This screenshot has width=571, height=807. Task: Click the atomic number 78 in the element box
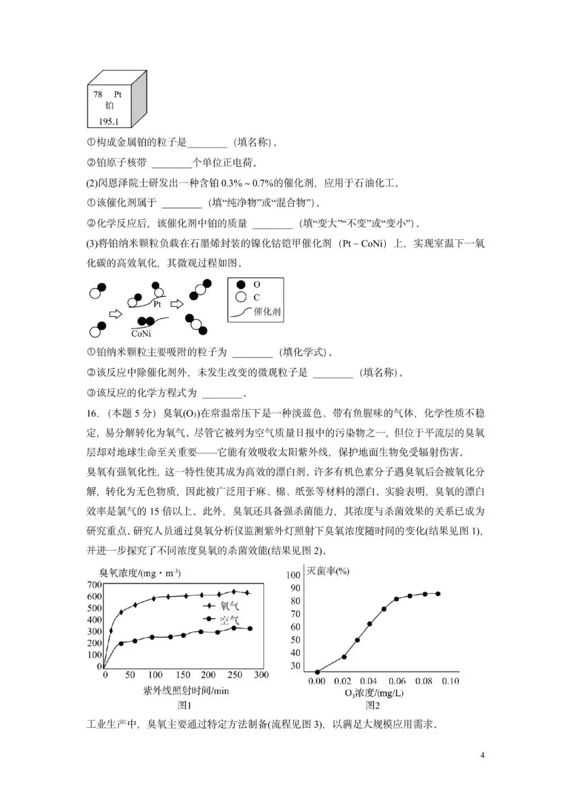98,95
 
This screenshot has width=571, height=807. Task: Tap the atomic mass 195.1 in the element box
108,122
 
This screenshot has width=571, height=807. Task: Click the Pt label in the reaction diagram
157,304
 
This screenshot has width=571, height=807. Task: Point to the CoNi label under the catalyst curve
141,333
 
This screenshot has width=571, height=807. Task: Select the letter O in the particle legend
257,285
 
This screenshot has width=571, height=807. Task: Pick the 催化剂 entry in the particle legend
267,311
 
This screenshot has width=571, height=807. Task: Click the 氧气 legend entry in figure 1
229,607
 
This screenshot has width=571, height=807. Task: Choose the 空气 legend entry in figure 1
229,619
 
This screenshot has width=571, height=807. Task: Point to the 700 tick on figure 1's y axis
94,585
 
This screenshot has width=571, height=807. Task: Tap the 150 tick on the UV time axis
182,675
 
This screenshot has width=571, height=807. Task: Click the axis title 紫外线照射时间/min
186,690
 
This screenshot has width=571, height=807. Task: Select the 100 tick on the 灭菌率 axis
293,575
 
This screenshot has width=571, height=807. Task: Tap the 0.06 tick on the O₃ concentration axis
397,681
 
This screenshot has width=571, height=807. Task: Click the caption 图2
373,705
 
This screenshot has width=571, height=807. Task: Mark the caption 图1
185,705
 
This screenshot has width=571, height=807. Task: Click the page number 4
482,755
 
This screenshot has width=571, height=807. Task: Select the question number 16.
93,413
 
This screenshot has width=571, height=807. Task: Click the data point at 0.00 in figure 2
317,672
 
